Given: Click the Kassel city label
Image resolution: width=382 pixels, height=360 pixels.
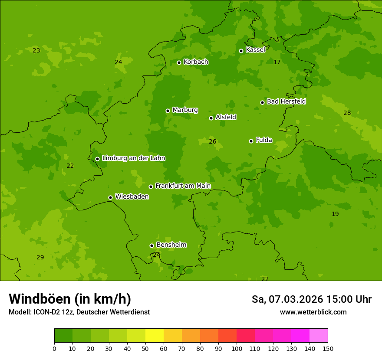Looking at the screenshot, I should pos(255,50).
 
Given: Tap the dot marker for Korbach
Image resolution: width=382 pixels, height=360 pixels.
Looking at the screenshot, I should pos(179,62).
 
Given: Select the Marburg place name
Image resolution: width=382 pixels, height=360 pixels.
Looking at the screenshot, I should pos(185,110).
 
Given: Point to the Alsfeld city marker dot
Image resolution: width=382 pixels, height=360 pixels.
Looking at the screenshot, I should pos(211,118).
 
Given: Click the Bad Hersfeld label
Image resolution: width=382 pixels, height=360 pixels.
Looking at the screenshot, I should pos(286,101).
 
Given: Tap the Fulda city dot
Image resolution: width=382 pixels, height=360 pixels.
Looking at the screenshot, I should pos(251,141).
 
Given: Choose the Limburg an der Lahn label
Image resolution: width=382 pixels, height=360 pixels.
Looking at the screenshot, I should pos(133,158).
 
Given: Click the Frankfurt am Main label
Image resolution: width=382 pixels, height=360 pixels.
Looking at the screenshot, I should pos(183,186).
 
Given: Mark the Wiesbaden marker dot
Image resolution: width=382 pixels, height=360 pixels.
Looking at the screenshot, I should pos(110,197).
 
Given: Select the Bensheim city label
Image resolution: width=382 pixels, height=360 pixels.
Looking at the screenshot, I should pos(171,245).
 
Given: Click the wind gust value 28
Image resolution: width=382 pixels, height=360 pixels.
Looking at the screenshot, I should pos(347,113).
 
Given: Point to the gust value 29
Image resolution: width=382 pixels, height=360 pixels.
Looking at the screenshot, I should pos(40,258).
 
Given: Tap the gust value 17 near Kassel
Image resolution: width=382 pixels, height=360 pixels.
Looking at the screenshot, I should pos(277,62).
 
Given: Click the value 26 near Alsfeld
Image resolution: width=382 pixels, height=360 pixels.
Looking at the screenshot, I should pos(212,142).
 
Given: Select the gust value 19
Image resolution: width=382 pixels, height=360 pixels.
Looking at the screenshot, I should pos(335,214).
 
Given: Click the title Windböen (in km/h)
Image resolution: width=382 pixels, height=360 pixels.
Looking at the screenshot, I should pos(70,299).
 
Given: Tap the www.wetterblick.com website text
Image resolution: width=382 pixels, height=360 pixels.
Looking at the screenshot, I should pos(313,312).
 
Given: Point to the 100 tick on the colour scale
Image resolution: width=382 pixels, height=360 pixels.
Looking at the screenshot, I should pos(237,349).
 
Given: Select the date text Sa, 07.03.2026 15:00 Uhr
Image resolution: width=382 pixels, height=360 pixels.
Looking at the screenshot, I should pos(311,299).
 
